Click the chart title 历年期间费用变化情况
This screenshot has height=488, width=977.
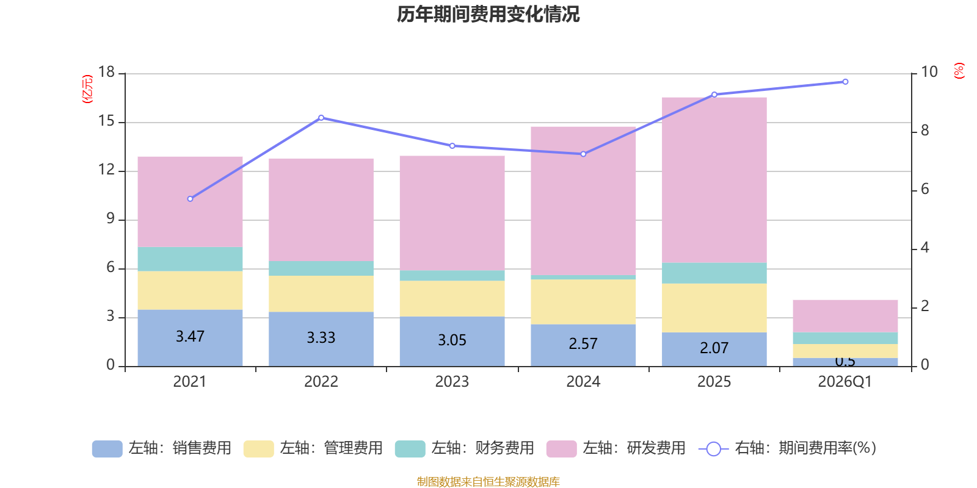488,14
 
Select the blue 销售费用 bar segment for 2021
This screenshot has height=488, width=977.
190,351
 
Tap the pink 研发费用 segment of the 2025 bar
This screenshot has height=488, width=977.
714,180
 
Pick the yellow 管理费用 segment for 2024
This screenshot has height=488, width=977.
583,301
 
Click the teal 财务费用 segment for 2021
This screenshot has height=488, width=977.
190,259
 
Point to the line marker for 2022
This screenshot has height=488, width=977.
321,118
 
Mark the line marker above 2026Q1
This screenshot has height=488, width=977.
845,82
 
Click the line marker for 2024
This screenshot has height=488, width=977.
583,154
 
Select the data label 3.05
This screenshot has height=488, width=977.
452,340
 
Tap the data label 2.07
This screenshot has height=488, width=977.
714,348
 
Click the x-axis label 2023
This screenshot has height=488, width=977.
452,382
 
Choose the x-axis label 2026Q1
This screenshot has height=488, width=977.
844,382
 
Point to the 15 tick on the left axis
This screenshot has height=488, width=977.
107,121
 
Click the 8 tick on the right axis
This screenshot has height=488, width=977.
924,131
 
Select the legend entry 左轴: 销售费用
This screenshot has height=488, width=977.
162,448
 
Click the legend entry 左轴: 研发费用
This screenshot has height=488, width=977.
616,448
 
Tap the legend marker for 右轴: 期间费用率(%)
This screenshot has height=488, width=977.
713,449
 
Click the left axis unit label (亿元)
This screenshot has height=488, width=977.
88,89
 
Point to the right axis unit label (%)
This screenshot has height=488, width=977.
959,71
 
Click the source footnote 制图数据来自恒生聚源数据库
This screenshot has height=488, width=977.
488,482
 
